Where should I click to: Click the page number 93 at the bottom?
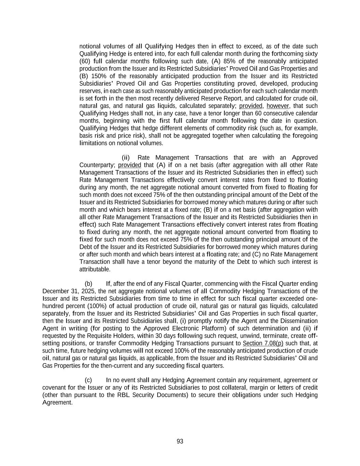[x=180, y=441]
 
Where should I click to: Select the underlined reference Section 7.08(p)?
[x=263, y=343]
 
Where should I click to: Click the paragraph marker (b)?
[x=88, y=284]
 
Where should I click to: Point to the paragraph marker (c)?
[x=88, y=380]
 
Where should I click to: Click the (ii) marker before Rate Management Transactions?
[x=126, y=157]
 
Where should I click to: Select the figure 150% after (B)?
[x=99, y=76]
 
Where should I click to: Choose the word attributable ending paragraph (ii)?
[x=95, y=269]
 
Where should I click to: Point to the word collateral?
[x=235, y=387]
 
